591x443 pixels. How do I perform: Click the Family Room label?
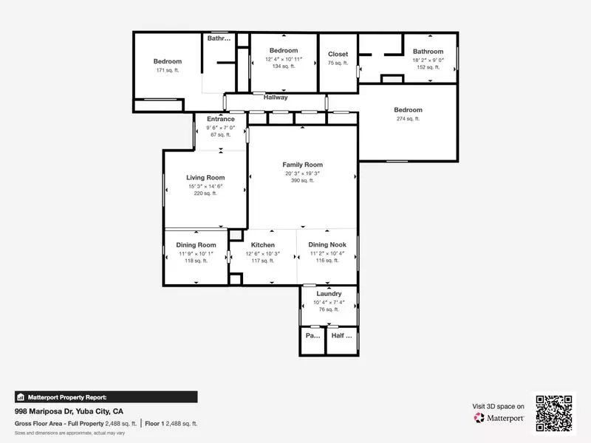(302, 165)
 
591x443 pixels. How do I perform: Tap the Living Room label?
(205, 177)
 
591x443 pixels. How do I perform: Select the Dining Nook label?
(327, 245)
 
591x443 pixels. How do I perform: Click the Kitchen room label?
(262, 245)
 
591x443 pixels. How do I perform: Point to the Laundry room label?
(328, 293)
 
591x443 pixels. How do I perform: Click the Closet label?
(338, 54)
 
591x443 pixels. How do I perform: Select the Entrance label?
(220, 119)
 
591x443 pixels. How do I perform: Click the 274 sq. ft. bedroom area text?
(408, 119)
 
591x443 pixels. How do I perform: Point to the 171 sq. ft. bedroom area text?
(168, 70)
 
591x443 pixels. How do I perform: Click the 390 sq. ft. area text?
(302, 181)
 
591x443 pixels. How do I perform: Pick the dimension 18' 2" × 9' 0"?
(428, 60)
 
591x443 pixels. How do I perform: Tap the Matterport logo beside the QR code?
(499, 417)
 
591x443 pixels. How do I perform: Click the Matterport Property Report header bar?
(106, 396)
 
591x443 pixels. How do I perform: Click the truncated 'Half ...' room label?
(342, 335)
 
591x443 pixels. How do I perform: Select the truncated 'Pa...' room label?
(312, 335)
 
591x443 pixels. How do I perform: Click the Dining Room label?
(196, 245)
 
